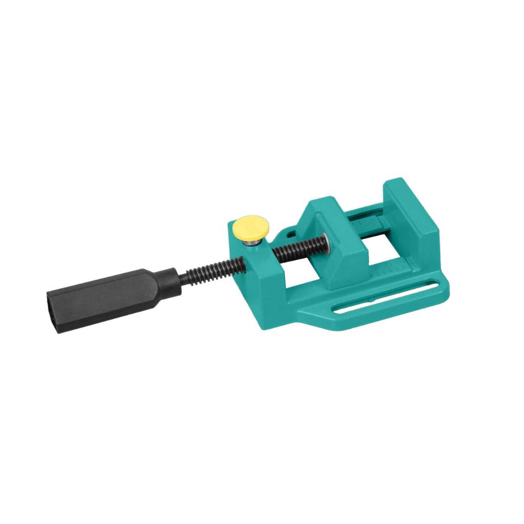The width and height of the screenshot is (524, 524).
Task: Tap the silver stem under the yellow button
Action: point(250,243)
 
